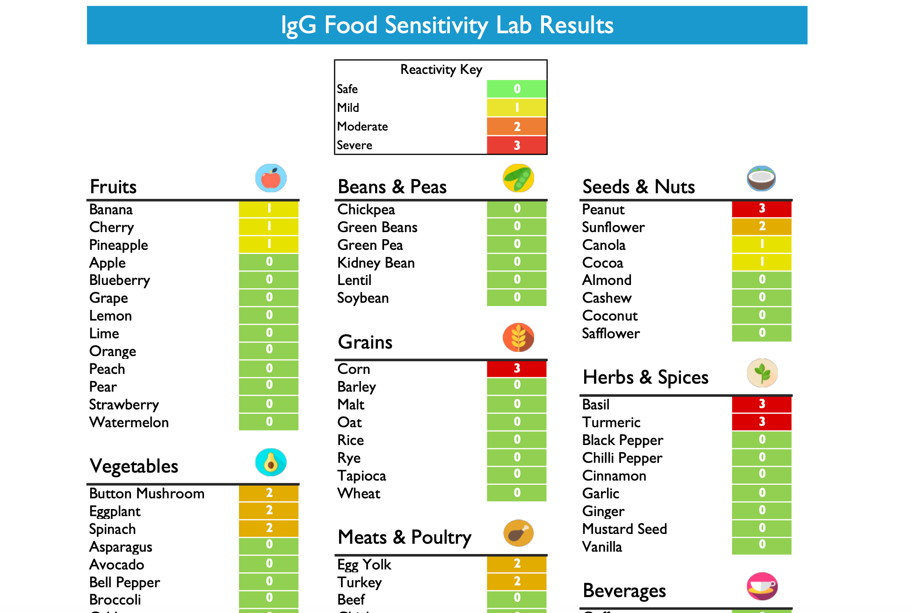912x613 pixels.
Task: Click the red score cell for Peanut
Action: [x=761, y=209]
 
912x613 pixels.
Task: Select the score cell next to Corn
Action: [x=516, y=369]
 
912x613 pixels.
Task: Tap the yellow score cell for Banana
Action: [x=268, y=209]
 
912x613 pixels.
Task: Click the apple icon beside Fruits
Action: [x=271, y=178]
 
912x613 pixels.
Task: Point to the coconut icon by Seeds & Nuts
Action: [x=761, y=178]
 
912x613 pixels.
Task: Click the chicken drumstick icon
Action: [x=518, y=533]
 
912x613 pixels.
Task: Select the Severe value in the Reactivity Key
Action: [x=516, y=145]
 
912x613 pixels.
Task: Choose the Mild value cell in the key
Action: [x=516, y=108]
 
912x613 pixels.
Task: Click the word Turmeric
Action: [x=611, y=422]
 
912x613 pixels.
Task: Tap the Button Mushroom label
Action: [x=146, y=493]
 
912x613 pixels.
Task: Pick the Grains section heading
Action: [x=365, y=342]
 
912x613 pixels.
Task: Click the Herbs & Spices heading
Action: [x=645, y=377]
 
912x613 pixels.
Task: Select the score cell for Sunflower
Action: [x=761, y=226]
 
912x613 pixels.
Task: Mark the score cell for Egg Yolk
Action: [x=516, y=564]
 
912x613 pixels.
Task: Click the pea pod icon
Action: [x=518, y=178]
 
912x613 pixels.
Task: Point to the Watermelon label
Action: [x=129, y=422]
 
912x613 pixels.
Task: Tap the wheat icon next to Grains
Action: [x=518, y=337]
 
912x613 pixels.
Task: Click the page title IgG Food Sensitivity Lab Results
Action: [x=447, y=25]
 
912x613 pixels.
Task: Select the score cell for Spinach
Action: [x=268, y=528]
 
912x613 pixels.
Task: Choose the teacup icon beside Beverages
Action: [x=762, y=586]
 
